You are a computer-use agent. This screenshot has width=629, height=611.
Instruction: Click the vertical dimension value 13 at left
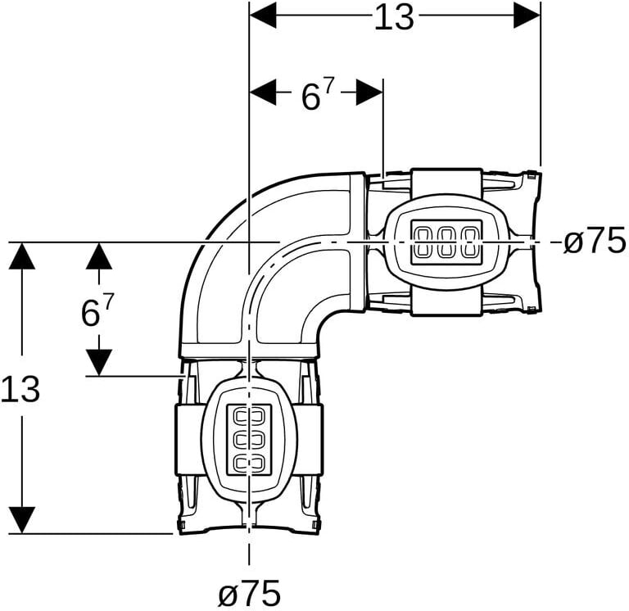[20, 389]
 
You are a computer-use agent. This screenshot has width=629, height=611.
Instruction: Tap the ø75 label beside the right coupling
[595, 242]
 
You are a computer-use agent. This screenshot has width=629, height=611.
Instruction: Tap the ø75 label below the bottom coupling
[249, 592]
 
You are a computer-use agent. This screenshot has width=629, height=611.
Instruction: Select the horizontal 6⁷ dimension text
[318, 95]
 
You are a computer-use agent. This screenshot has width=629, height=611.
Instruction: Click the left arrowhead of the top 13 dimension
[262, 15]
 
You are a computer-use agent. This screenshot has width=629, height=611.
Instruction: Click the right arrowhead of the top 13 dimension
[527, 15]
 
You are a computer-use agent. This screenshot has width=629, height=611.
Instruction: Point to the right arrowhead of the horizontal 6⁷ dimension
[370, 93]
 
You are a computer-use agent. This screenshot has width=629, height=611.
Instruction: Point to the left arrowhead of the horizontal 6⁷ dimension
[262, 93]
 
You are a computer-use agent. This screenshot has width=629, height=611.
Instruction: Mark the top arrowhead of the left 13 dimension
[23, 256]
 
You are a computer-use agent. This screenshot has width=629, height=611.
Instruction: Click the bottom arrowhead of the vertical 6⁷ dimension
[99, 361]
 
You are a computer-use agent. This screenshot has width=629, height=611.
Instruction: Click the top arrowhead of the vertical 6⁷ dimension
[99, 256]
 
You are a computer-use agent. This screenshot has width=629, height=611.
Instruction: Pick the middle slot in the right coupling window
[447, 242]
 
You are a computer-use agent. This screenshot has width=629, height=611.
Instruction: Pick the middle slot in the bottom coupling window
[249, 440]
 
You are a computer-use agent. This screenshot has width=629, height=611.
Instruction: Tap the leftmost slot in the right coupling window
[424, 242]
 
